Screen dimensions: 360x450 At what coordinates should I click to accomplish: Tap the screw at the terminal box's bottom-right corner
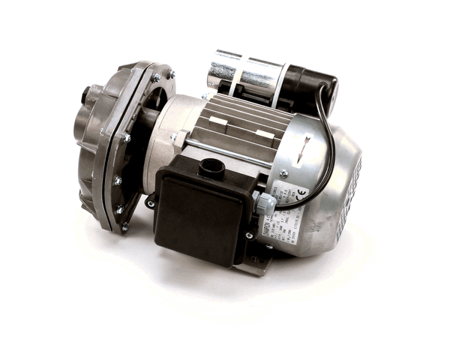pos(248,235)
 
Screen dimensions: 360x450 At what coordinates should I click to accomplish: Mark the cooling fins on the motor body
pos(240,120)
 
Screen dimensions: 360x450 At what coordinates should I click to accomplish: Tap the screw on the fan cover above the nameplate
pos(283,173)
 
